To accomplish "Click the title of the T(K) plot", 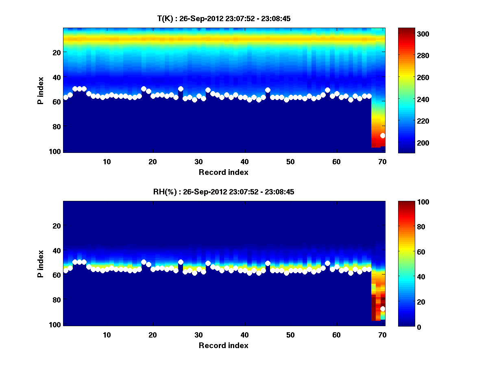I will [224, 19].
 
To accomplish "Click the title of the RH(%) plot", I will [224, 192].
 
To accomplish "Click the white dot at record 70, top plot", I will [383, 135].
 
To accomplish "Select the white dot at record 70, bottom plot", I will [383, 309].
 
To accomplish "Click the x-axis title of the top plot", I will [224, 172].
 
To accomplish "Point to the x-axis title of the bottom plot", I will [224, 346].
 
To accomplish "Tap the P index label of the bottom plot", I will [40, 264].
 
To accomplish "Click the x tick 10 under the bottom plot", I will [107, 335].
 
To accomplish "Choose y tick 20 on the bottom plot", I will [57, 226].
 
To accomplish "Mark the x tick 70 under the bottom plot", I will [382, 335].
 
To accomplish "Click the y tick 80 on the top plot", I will [57, 126].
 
